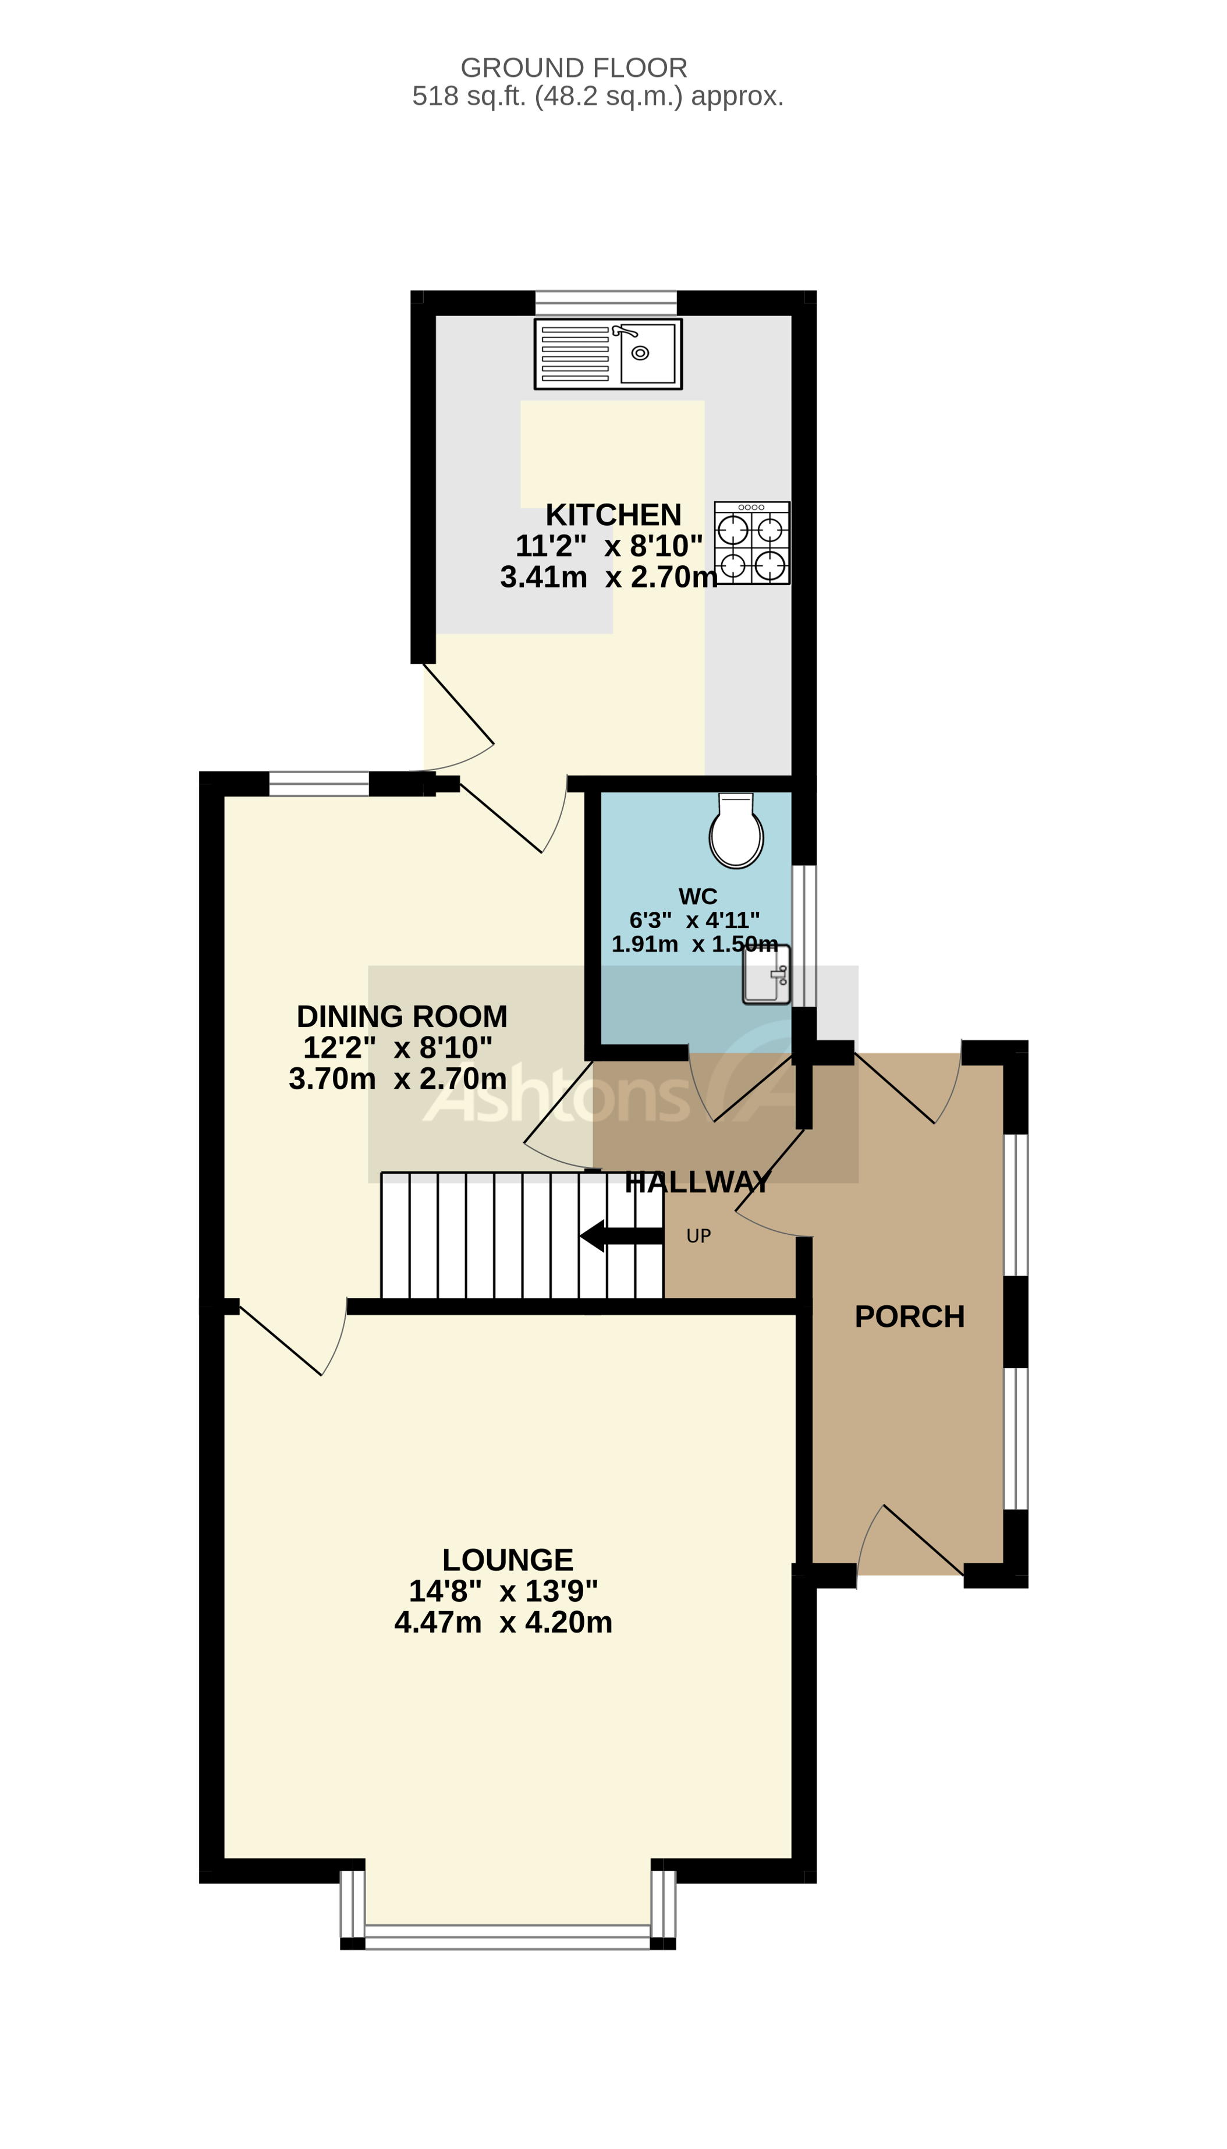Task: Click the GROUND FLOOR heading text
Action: point(573,68)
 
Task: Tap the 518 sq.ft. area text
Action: point(597,96)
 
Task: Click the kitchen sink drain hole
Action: point(640,353)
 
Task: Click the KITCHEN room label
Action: point(613,515)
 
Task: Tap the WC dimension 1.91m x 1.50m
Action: point(694,944)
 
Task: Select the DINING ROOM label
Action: point(402,1017)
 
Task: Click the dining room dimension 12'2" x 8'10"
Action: point(398,1047)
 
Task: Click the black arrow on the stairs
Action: point(620,1235)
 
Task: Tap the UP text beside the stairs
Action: point(698,1236)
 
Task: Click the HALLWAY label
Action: point(698,1183)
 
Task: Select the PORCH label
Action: point(909,1316)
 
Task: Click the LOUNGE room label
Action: point(508,1560)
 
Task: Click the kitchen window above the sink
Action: point(606,303)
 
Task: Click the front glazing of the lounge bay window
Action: point(508,1936)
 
